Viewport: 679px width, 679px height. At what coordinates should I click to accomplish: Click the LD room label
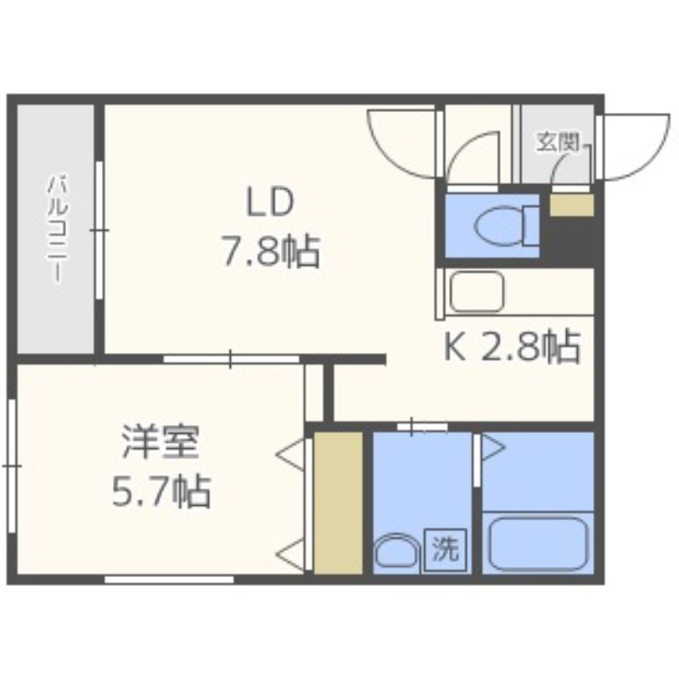tap(270, 203)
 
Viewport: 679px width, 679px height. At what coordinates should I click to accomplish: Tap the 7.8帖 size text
tap(271, 251)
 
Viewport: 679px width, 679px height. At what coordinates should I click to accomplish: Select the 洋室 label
tap(160, 441)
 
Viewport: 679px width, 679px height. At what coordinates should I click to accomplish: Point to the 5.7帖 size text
tap(161, 491)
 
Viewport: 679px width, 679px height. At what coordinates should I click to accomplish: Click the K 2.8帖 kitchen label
tap(512, 346)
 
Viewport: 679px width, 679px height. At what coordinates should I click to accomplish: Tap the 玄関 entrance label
tap(558, 142)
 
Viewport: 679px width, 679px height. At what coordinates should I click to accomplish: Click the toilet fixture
tap(507, 226)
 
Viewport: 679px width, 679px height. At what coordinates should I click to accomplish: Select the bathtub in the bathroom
tap(538, 542)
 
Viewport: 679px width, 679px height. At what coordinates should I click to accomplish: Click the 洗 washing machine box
tap(445, 550)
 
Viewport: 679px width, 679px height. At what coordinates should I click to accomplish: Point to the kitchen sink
tap(477, 291)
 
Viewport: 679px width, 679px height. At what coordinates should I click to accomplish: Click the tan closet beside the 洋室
tap(338, 502)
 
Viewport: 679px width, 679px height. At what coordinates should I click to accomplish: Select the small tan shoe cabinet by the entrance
tap(571, 205)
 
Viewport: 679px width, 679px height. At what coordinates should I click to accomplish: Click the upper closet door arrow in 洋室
tap(290, 454)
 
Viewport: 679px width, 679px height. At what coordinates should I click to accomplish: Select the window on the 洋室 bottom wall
tap(169, 580)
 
